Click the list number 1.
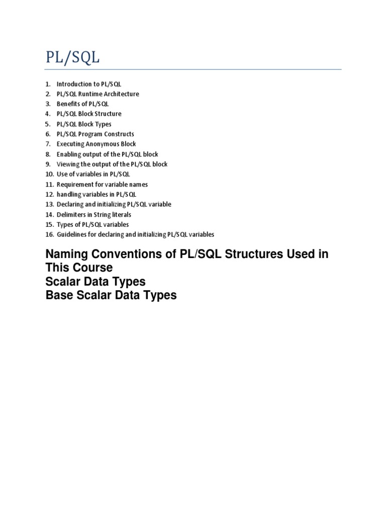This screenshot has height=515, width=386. tap(48, 84)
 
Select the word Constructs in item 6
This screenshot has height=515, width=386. tap(119, 134)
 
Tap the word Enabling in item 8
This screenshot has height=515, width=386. tap(68, 154)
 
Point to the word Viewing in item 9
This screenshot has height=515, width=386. tap(67, 164)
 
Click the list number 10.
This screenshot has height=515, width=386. tap(49, 175)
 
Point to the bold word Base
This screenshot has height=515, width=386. tap(58, 295)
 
